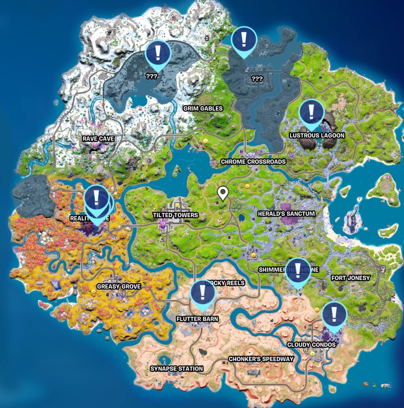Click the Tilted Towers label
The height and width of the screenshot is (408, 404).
175,215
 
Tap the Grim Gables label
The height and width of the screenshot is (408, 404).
203,109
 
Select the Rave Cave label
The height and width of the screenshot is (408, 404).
98,139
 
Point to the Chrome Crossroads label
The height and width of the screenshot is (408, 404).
253,162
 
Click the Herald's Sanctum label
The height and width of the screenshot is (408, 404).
286,214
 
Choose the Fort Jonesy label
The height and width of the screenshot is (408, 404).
350,278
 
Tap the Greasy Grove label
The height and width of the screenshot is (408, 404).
119,287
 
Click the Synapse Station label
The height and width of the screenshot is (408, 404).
177,369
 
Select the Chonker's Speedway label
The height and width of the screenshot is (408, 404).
261,359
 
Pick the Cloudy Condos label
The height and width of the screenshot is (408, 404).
311,345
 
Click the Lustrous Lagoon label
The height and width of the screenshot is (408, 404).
317,135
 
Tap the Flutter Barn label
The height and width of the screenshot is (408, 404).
197,319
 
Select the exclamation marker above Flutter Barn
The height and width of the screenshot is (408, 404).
203,293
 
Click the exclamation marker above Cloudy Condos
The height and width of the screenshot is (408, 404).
334,315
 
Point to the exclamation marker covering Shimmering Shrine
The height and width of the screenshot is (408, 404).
298,271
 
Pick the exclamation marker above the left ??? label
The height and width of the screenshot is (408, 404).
158,53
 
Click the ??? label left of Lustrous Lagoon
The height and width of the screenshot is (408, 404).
257,79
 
